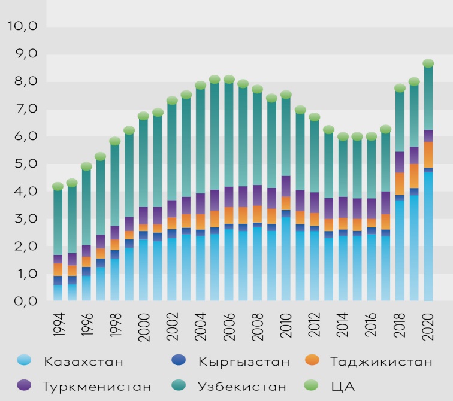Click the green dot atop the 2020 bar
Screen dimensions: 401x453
point(428,63)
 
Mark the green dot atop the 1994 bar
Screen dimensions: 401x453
point(58,186)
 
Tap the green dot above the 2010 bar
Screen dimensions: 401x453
point(286,95)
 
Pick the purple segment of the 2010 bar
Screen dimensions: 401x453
point(286,186)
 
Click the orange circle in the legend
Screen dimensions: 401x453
point(312,361)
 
